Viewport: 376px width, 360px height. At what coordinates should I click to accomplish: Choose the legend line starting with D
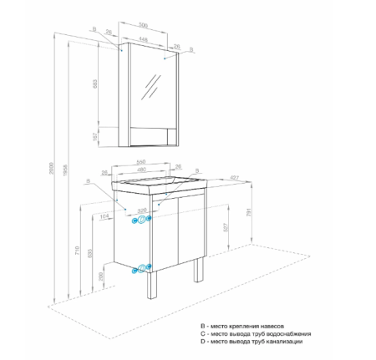click(x=257, y=342)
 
